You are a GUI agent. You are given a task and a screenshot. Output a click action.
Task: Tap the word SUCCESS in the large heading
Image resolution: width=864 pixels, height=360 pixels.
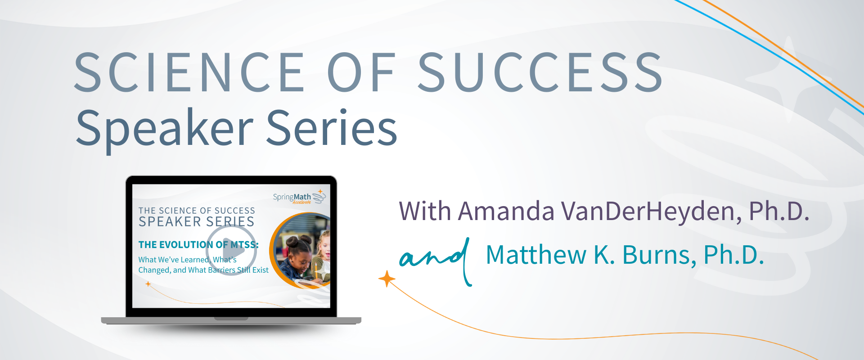pyautogui.click(x=540, y=72)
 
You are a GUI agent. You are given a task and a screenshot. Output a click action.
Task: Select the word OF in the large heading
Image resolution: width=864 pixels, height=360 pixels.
pyautogui.click(x=361, y=72)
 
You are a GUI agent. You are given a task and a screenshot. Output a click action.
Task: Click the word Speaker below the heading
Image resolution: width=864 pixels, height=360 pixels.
pyautogui.click(x=165, y=129)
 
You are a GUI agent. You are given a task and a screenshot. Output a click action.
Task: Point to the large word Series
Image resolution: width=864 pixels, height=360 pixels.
pyautogui.click(x=332, y=128)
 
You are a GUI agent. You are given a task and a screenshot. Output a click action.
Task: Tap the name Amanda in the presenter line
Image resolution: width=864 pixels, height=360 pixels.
pyautogui.click(x=506, y=211)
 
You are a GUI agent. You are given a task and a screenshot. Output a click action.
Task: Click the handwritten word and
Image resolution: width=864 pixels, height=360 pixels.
pyautogui.click(x=436, y=261)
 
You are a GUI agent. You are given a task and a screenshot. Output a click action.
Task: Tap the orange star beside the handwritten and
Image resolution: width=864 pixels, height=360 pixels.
pyautogui.click(x=387, y=279)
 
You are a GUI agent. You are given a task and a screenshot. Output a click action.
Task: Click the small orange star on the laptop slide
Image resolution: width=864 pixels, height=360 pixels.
pyautogui.click(x=148, y=284)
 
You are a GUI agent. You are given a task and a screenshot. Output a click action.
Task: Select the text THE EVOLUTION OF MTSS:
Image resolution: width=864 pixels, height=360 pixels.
pyautogui.click(x=198, y=245)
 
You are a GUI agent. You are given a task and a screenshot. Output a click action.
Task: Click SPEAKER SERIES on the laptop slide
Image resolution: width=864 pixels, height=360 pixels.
pyautogui.click(x=197, y=221)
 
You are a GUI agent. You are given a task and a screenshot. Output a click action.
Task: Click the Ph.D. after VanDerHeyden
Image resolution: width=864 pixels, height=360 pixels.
pyautogui.click(x=779, y=211)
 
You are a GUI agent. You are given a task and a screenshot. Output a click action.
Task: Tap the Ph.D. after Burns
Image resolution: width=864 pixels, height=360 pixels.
pyautogui.click(x=734, y=255)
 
